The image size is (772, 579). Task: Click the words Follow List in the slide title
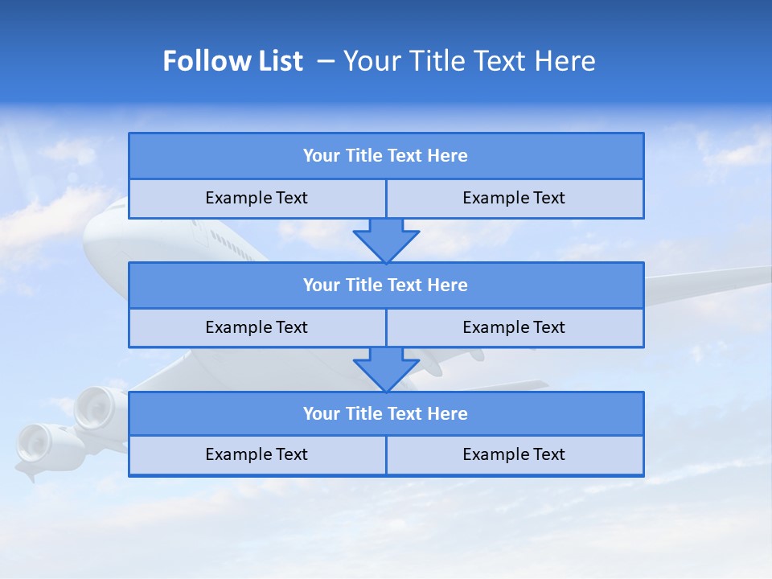232,61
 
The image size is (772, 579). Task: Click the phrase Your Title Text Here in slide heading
469,61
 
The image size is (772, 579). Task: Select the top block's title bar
386,156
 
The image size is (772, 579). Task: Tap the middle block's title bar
386,285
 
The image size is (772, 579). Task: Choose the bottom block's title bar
386,413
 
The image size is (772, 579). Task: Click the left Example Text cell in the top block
257,198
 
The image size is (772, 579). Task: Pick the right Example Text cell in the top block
514,198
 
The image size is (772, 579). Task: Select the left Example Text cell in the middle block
257,327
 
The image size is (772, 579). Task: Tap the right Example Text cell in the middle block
514,327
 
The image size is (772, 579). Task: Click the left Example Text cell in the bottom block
257,454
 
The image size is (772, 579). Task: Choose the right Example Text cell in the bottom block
514,454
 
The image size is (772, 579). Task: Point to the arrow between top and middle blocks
386,240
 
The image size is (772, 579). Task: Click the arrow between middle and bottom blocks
386,369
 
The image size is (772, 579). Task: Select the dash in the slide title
326,61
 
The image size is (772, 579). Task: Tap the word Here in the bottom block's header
448,413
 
